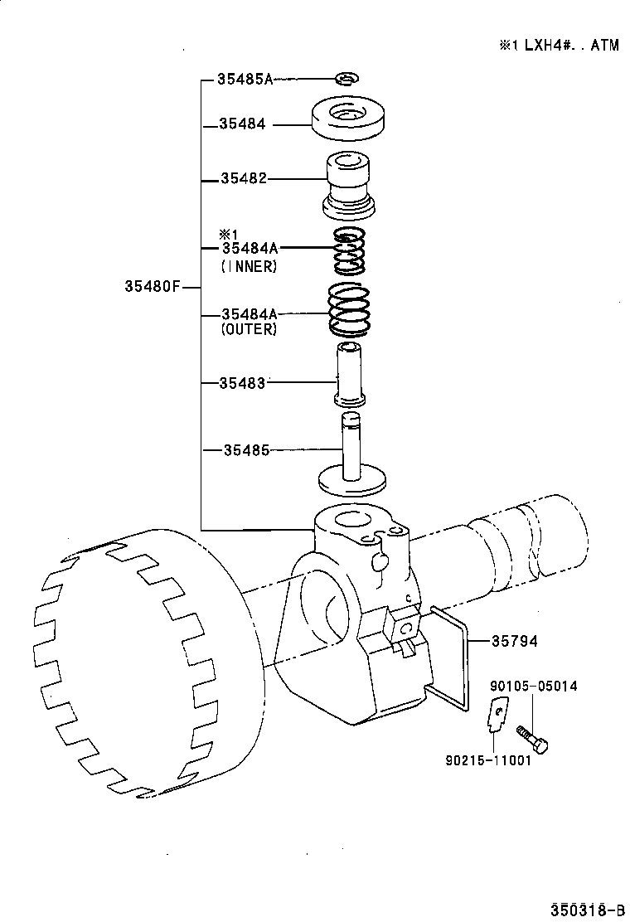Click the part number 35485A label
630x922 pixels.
pos(245,80)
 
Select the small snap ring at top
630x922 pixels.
pos(346,79)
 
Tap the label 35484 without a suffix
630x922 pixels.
pos(242,124)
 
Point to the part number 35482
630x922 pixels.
pos(244,178)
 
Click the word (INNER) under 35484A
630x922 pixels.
pos(249,266)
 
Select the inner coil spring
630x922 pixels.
pos(349,252)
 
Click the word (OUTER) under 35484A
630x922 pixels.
pos(249,328)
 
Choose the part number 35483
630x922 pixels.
pos(243,383)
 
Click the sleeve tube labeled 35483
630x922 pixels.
pos(350,374)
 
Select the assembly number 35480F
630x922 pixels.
pos(152,288)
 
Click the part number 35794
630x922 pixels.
pos(515,641)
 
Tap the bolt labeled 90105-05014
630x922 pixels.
pos(531,737)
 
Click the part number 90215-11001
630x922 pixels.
pos(488,760)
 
